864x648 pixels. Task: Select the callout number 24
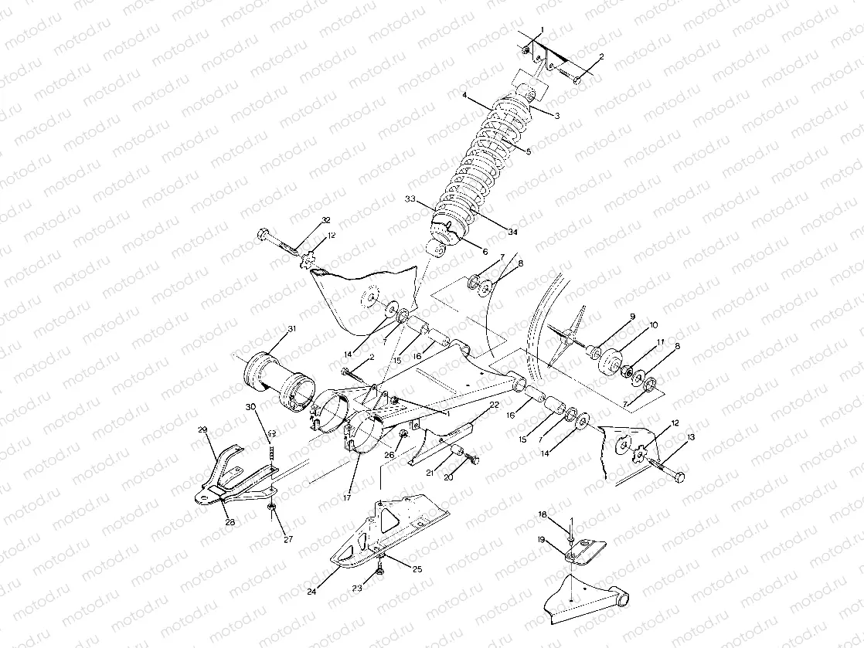tap(312, 592)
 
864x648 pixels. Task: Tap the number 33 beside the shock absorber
tap(410, 199)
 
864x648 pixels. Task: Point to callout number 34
tap(513, 232)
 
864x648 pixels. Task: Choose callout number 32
tap(326, 220)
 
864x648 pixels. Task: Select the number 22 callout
tap(494, 405)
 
